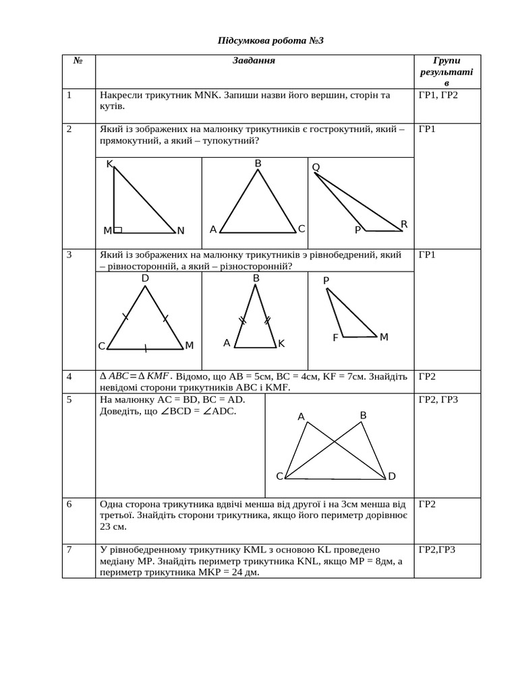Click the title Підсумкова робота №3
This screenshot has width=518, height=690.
click(x=270, y=41)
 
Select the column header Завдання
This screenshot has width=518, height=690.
click(x=254, y=61)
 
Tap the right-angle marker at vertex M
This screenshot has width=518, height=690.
click(x=118, y=230)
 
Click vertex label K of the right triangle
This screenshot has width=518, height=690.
click(x=109, y=164)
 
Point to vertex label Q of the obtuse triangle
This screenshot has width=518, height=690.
click(x=316, y=167)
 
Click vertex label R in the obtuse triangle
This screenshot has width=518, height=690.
click(x=404, y=224)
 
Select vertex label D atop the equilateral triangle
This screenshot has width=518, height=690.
click(x=145, y=278)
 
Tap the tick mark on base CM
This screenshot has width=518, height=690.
click(x=145, y=348)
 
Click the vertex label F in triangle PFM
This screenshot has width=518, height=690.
click(x=335, y=338)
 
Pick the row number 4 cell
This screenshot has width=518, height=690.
click(x=70, y=376)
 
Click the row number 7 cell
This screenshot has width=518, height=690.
click(x=70, y=550)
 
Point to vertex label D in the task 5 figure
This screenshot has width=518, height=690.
click(x=391, y=476)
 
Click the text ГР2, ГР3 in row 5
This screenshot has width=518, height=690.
click(x=438, y=400)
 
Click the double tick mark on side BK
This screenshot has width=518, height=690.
click(x=267, y=320)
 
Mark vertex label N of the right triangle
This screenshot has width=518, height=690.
click(x=181, y=231)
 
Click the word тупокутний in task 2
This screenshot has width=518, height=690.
click(x=235, y=141)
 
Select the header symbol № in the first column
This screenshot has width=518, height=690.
click(x=78, y=61)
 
